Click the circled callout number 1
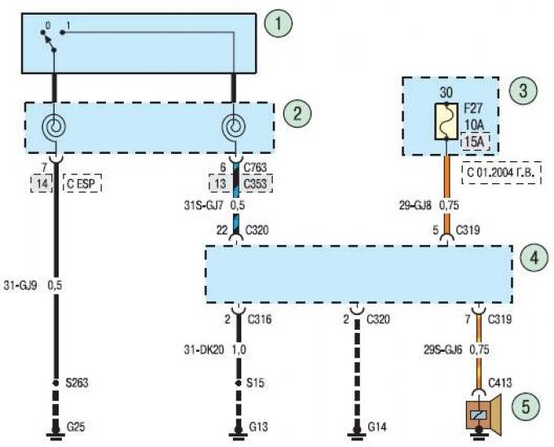click(x=279, y=24)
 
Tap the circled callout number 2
click(x=297, y=114)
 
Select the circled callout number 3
click(x=523, y=90)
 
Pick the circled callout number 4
click(x=534, y=258)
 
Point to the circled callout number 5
click(x=525, y=406)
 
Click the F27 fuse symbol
click(x=446, y=121)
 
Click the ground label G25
click(x=76, y=427)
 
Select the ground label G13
click(x=258, y=427)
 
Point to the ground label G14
click(x=377, y=427)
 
